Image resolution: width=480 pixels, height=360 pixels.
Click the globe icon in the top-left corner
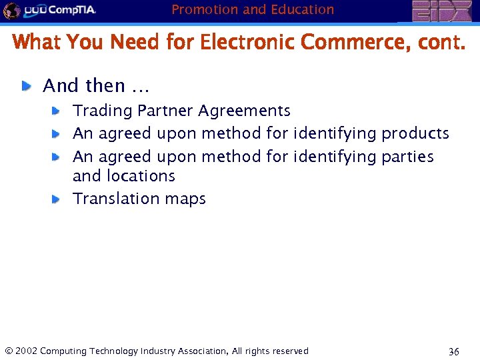pyautogui.click(x=11, y=11)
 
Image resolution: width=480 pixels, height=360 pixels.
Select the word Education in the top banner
pyautogui.click(x=302, y=9)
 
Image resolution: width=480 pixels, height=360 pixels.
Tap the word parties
pyautogui.click(x=407, y=157)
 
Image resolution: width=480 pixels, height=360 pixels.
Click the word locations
pyautogui.click(x=142, y=176)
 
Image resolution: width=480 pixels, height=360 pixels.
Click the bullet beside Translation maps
pyautogui.click(x=57, y=199)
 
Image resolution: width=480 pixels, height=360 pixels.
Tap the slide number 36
pyautogui.click(x=453, y=351)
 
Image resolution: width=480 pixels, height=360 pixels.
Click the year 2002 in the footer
pyautogui.click(x=25, y=351)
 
